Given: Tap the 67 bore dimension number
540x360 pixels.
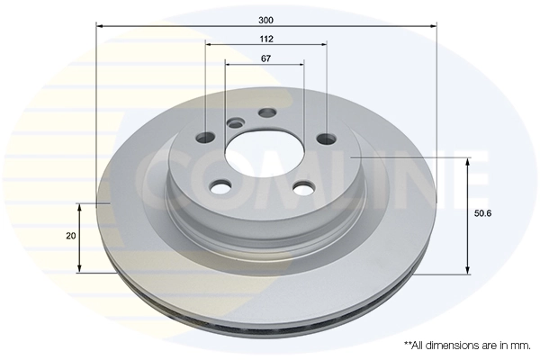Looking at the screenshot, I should [265, 58].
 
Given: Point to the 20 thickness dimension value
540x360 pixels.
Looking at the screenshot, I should [70, 236].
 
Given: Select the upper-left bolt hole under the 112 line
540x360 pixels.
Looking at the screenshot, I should [206, 137].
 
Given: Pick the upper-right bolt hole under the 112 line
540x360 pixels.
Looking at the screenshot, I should [324, 138].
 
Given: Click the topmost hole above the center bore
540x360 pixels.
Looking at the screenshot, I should [265, 112].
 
